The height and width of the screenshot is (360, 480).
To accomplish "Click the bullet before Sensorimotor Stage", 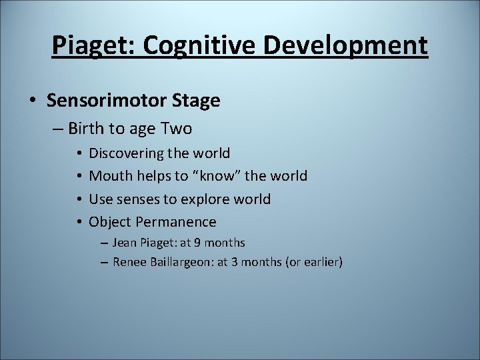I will click(33, 101).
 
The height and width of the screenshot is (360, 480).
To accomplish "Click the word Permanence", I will click(176, 222).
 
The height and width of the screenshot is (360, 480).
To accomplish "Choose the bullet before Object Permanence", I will click(79, 222).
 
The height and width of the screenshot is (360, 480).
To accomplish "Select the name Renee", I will click(129, 262).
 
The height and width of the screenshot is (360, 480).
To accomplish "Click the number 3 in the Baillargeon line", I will click(235, 262).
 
